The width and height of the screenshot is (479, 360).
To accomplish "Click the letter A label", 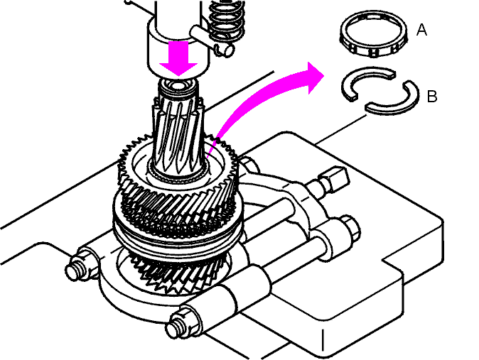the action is point(421,30).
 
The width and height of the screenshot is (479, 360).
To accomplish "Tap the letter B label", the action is point(432,96).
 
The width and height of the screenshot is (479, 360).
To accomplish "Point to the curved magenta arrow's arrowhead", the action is point(315,77).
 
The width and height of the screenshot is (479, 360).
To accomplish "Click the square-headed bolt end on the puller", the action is point(335,180).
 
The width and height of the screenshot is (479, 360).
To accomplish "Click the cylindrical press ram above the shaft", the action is point(178,37).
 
